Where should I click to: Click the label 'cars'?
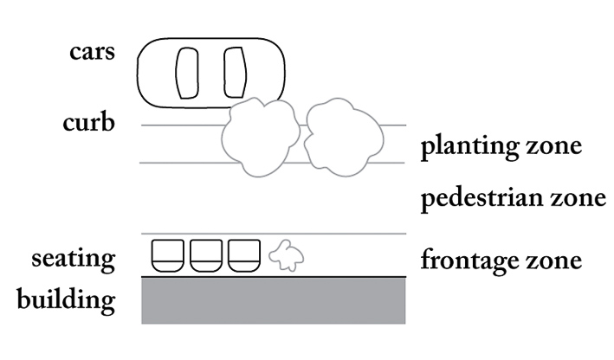[x=93, y=52]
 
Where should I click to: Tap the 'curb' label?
[x=89, y=122]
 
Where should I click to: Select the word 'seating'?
[x=74, y=259]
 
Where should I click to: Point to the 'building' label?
[x=66, y=299]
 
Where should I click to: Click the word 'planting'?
[x=470, y=146]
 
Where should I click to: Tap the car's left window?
[x=187, y=73]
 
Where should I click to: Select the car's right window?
[x=235, y=73]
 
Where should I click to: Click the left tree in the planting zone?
[x=261, y=137]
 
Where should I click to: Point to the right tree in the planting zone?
[x=344, y=137]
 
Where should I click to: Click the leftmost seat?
[x=168, y=255]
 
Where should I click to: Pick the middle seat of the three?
[x=206, y=255]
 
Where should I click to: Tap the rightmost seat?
[x=244, y=255]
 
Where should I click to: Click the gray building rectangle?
[x=274, y=300]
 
